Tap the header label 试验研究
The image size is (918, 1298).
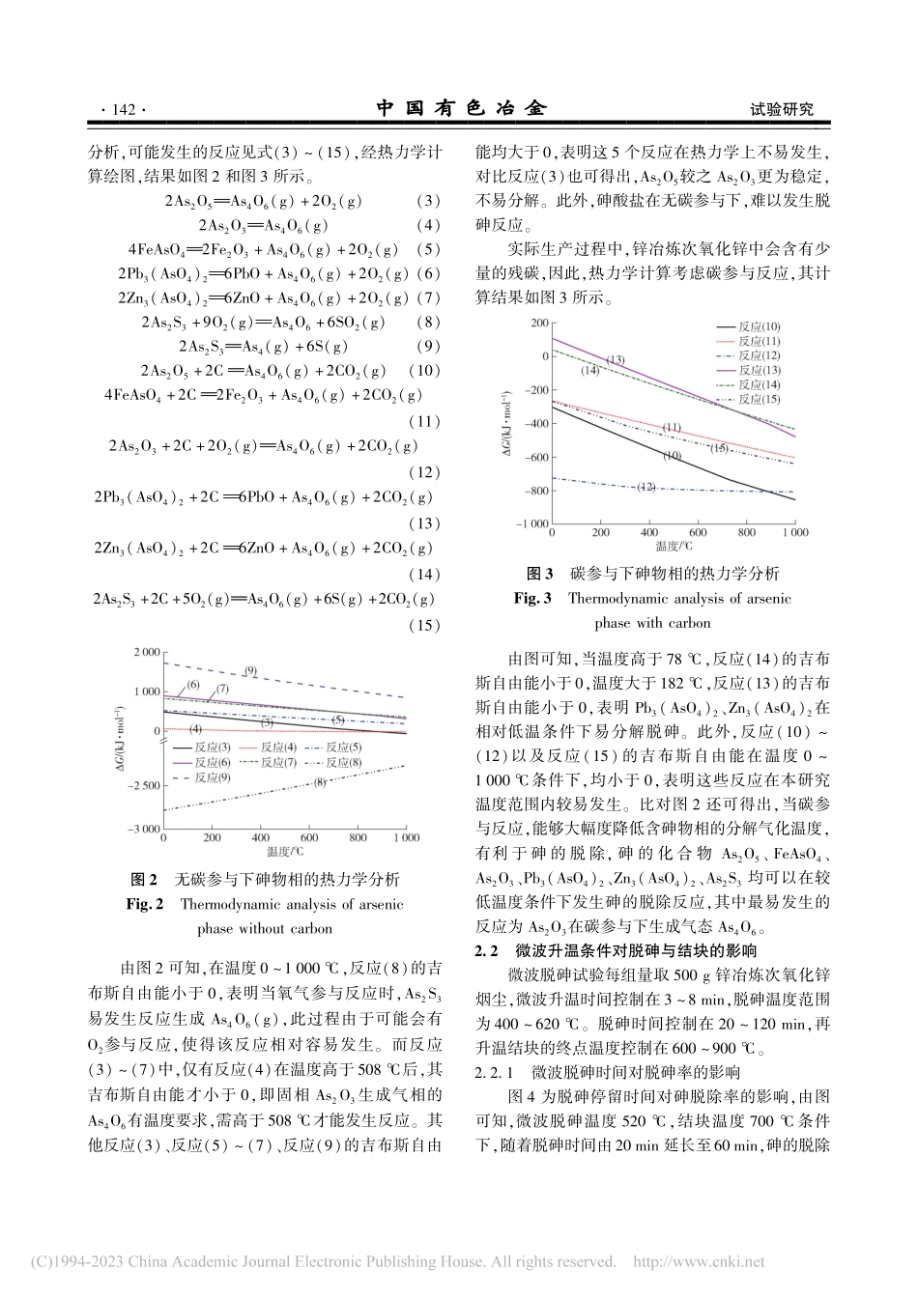click(782, 110)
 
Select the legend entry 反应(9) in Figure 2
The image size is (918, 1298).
click(212, 776)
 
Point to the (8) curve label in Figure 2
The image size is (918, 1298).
click(320, 782)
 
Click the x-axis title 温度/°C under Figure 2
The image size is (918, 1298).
click(287, 853)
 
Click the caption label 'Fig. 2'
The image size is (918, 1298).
click(146, 905)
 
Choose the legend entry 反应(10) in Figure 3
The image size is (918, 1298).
click(760, 327)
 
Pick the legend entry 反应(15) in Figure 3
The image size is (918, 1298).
click(760, 399)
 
